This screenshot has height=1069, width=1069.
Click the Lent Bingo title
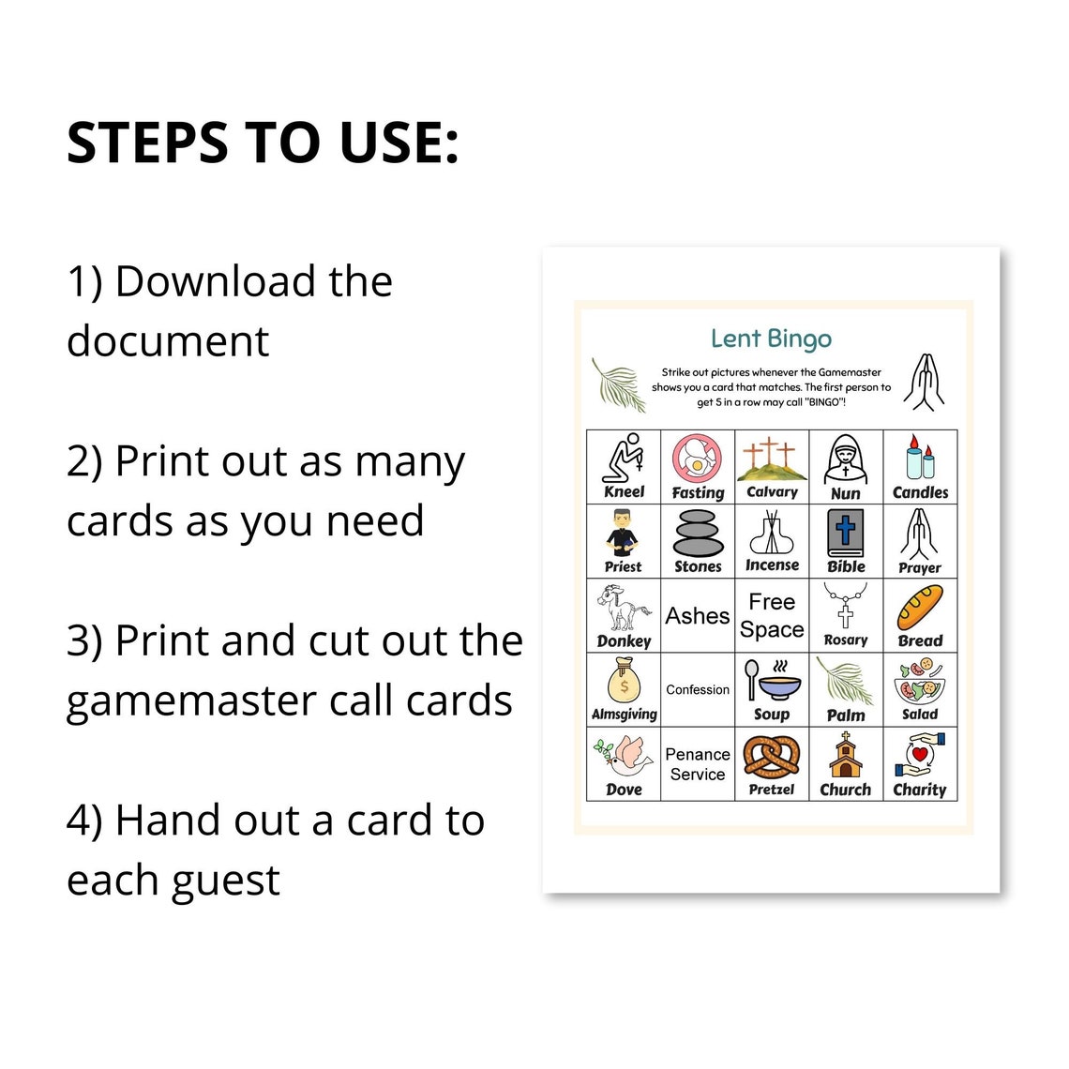click(x=771, y=339)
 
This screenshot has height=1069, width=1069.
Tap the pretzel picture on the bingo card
click(x=771, y=756)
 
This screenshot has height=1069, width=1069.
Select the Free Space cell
click(x=772, y=615)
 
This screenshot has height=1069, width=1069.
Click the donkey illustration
click(x=623, y=607)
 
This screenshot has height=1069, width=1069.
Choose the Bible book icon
click(x=846, y=534)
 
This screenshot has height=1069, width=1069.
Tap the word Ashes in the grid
click(x=698, y=616)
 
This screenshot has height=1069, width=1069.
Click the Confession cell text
click(x=698, y=690)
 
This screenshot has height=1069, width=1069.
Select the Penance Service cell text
click(x=698, y=764)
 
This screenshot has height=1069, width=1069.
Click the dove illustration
click(x=623, y=756)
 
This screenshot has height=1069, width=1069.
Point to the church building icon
click(x=846, y=755)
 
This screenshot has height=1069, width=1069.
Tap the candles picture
click(x=920, y=458)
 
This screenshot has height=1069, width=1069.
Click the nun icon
click(x=846, y=459)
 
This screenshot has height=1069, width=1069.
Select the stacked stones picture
click(x=698, y=534)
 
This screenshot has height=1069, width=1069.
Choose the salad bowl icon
click(x=919, y=681)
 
